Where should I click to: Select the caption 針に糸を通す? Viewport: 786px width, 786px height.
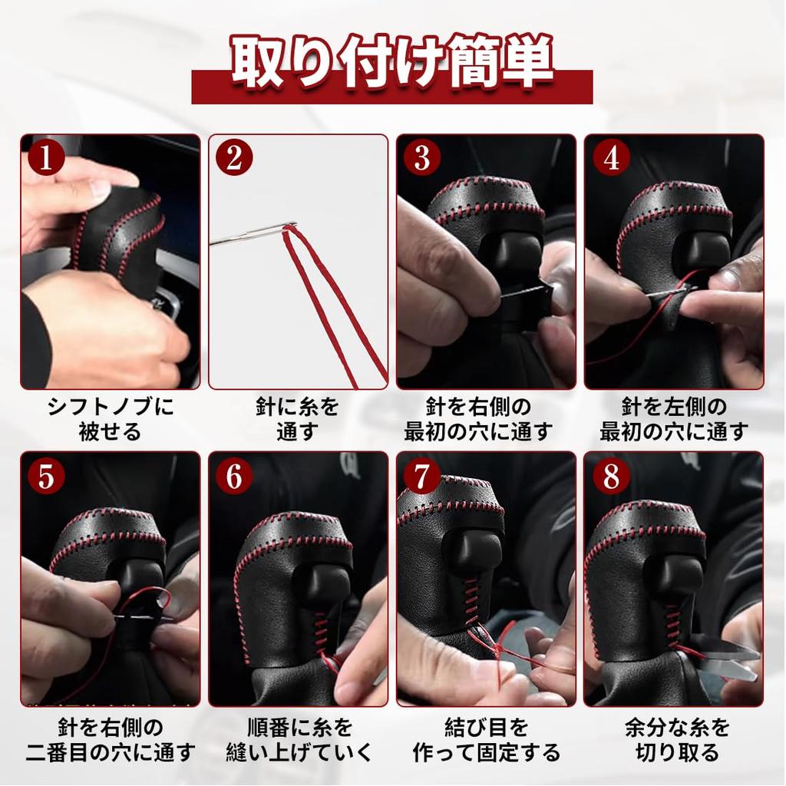(x=298, y=418)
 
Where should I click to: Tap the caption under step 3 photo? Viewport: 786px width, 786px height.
(x=486, y=418)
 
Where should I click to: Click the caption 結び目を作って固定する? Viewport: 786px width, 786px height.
(x=486, y=738)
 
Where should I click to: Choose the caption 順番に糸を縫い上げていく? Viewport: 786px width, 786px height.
(x=298, y=738)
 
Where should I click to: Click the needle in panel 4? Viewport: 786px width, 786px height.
(x=668, y=292)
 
